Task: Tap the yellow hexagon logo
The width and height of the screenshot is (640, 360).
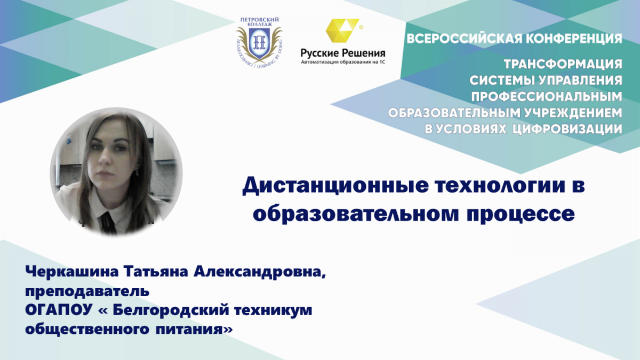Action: coord(342,30)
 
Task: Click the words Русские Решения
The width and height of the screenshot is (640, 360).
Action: coord(343,53)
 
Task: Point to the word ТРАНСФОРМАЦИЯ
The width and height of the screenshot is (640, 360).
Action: coord(563,64)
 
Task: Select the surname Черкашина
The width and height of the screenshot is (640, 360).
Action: coord(71,271)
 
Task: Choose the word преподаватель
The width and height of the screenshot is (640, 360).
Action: coord(87,291)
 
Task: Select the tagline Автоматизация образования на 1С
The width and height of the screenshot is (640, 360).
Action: coord(343,62)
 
